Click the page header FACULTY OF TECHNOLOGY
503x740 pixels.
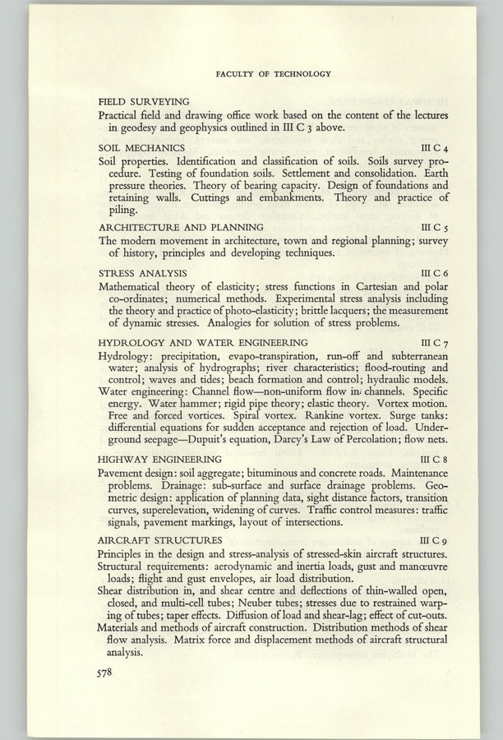(273, 74)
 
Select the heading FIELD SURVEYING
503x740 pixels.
(144, 100)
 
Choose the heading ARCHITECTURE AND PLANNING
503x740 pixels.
(181, 226)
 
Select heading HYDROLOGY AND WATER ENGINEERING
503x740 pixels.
(203, 341)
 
